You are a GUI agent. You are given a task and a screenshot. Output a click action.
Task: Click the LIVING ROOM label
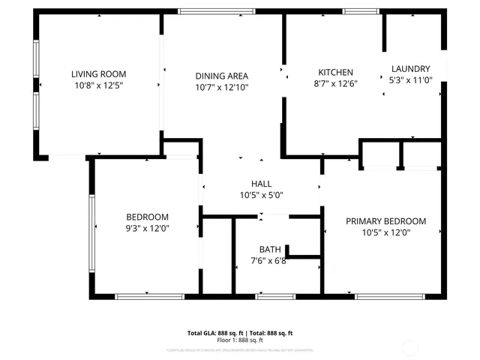98,74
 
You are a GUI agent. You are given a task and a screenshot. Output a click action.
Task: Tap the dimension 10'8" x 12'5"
98,86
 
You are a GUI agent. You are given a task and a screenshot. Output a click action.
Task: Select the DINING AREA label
221,76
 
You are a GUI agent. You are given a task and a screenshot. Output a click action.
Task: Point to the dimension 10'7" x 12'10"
221,88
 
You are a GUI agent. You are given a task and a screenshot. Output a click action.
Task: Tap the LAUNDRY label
410,67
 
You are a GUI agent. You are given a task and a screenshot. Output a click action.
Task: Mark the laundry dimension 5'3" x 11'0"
410,79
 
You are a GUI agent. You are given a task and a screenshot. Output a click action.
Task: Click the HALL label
261,184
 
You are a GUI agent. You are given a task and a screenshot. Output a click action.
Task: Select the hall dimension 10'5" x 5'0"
261,196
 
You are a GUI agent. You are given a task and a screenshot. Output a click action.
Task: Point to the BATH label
269,250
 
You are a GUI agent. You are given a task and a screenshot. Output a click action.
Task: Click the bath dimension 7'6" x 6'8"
269,262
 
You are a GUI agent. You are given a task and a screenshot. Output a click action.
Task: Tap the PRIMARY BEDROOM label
385,221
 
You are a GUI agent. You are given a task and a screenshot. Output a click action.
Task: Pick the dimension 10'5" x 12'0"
385,233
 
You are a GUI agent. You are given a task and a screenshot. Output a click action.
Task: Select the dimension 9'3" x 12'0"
148,229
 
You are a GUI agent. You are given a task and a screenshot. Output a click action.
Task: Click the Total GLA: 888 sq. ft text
213,333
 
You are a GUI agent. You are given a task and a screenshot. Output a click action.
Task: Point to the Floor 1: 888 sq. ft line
239,340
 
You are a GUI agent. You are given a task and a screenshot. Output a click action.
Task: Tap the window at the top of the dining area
206,11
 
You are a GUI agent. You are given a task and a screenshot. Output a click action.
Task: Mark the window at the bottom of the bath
274,297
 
